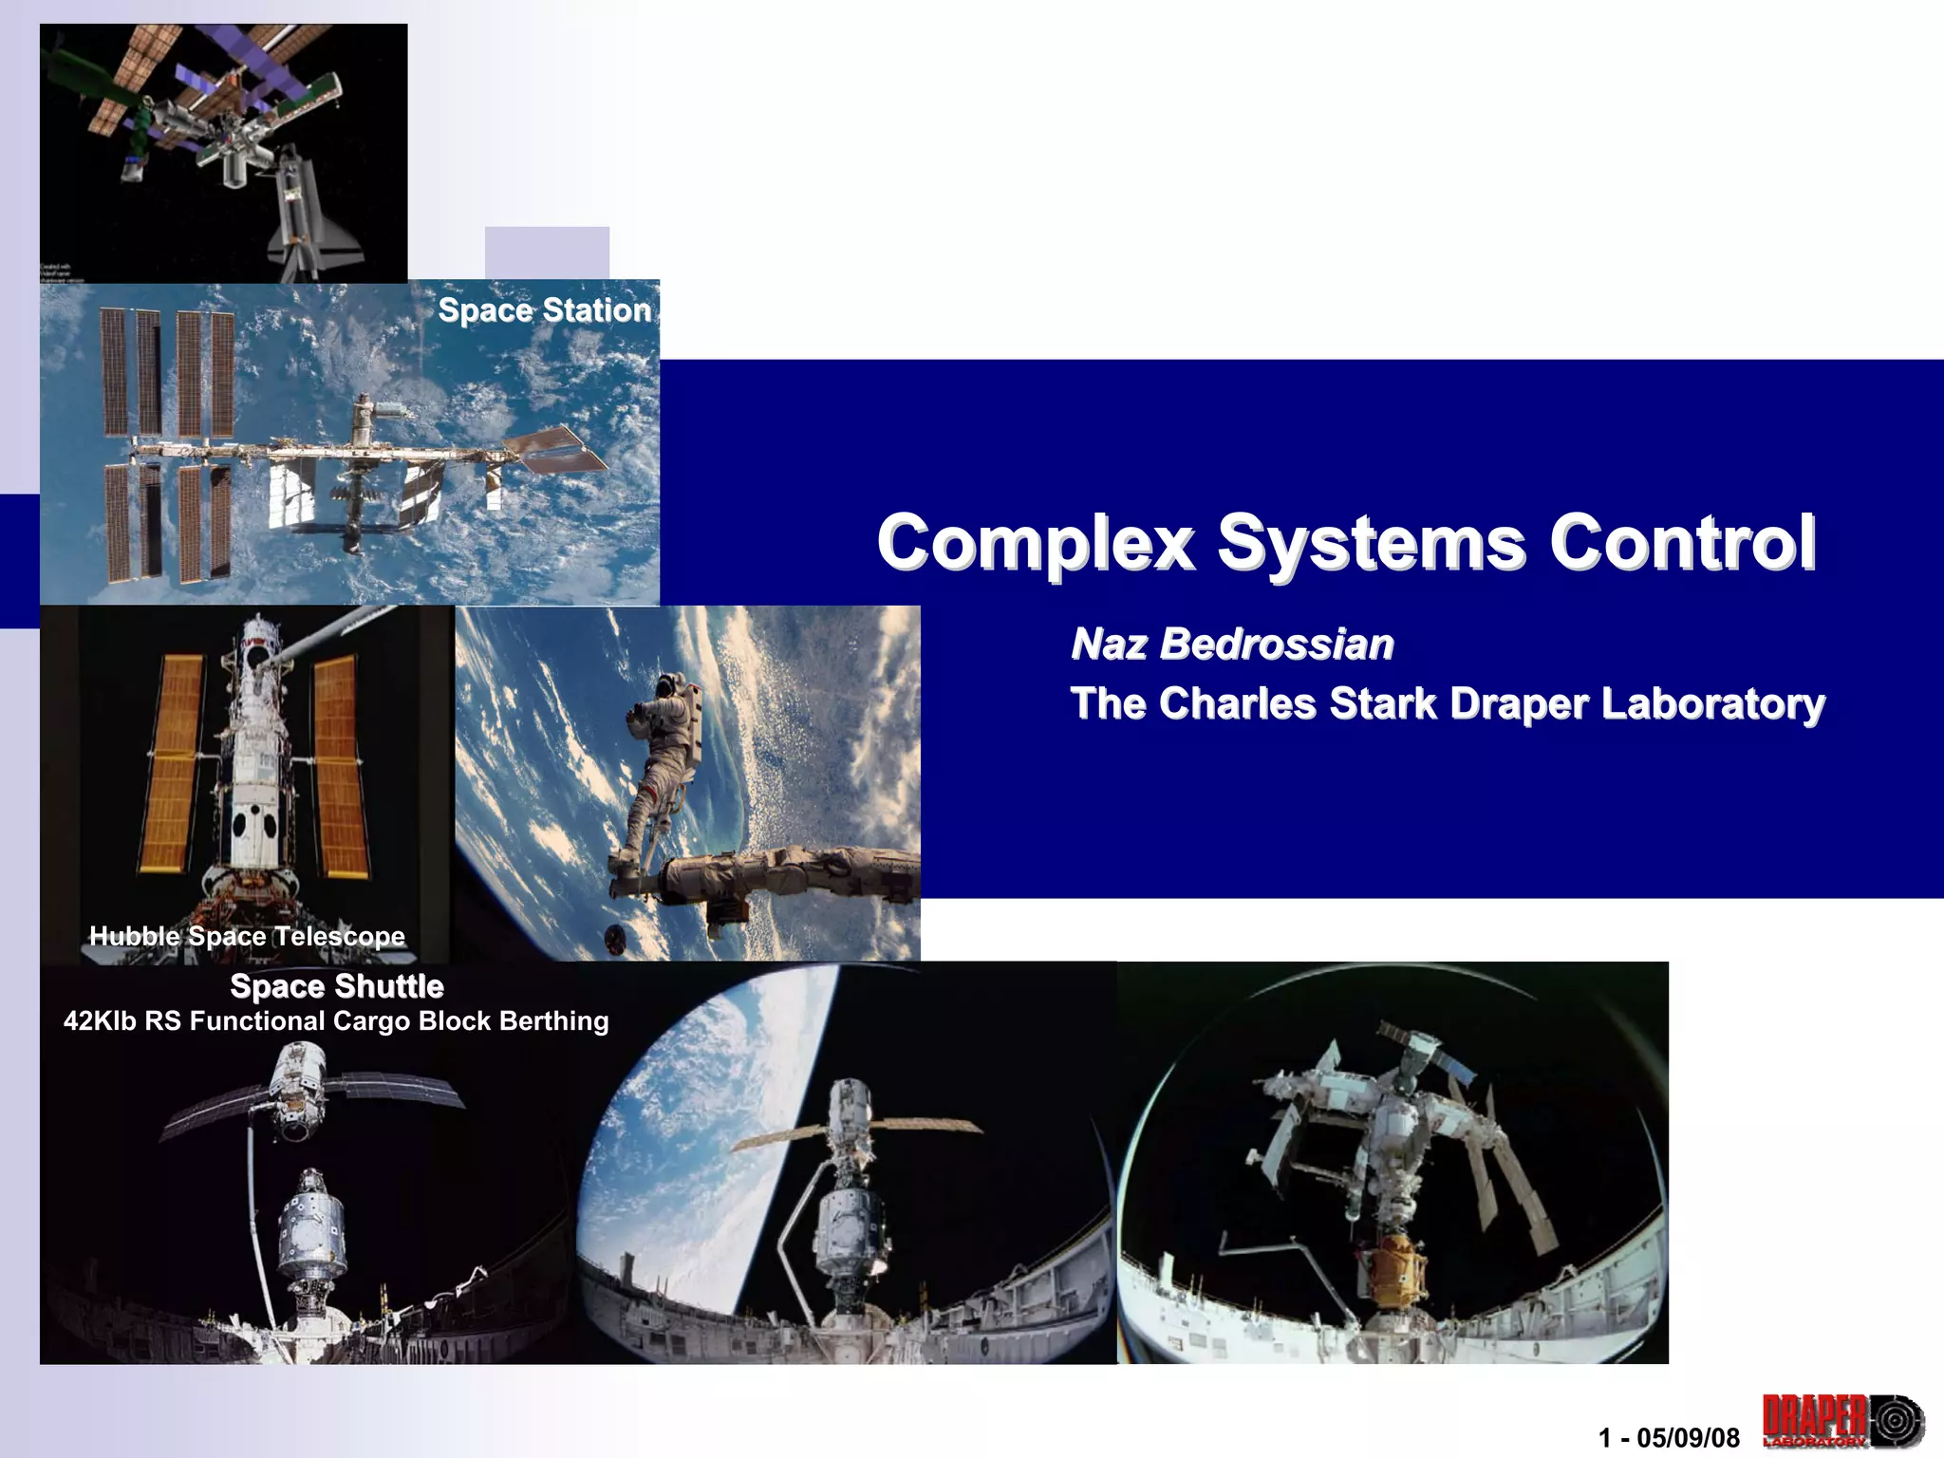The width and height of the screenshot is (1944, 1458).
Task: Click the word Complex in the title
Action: tap(1035, 543)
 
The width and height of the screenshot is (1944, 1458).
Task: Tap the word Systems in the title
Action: tap(1372, 543)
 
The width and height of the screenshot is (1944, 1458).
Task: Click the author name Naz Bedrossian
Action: tap(1232, 644)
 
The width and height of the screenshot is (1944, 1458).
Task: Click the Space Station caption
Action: tap(544, 310)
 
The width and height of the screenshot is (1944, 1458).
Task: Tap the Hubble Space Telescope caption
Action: tap(247, 936)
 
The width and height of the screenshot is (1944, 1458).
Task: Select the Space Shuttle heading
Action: tap(337, 986)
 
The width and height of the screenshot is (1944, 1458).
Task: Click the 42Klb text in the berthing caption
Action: tap(100, 1021)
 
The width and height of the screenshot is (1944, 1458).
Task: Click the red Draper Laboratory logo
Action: tap(1841, 1421)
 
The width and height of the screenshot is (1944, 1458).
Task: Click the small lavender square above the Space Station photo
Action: tap(547, 252)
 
